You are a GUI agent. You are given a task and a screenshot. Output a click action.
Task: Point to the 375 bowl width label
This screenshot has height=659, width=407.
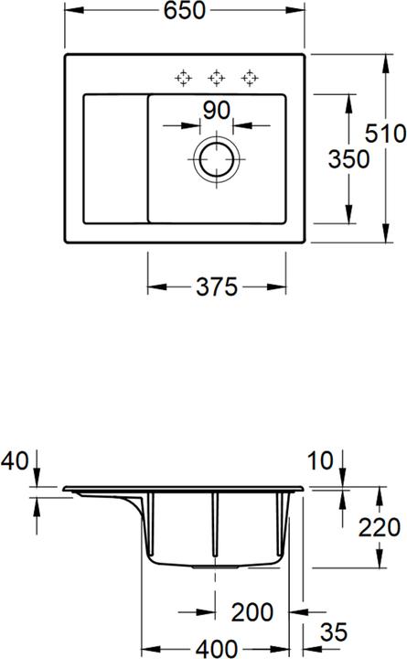tap(216, 287)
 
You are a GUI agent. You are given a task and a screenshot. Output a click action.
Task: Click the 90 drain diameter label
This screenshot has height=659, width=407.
tap(215, 110)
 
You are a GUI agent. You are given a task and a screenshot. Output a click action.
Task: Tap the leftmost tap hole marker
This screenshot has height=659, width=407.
tap(183, 79)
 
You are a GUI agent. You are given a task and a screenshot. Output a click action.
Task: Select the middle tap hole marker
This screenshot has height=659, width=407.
tap(216, 79)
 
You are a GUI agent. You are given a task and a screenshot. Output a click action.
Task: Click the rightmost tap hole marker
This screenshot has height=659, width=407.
tap(249, 79)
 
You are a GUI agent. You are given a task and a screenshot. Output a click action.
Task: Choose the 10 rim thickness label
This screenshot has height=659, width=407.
tap(320, 460)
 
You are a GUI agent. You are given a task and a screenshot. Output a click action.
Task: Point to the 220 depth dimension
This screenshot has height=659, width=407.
tap(379, 528)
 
